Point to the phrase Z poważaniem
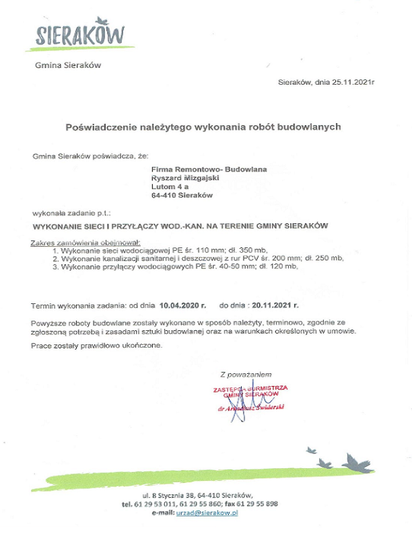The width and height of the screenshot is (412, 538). (245, 373)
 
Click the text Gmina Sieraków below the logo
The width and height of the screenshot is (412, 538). (67, 66)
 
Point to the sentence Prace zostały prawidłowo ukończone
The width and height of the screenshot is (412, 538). (97, 346)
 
